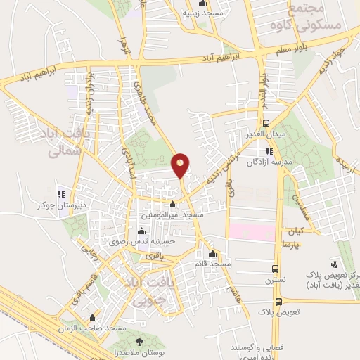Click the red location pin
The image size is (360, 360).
pos(181,165)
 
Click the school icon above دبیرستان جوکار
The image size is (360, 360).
pos(62,195)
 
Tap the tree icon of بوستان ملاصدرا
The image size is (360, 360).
pos(139,340)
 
